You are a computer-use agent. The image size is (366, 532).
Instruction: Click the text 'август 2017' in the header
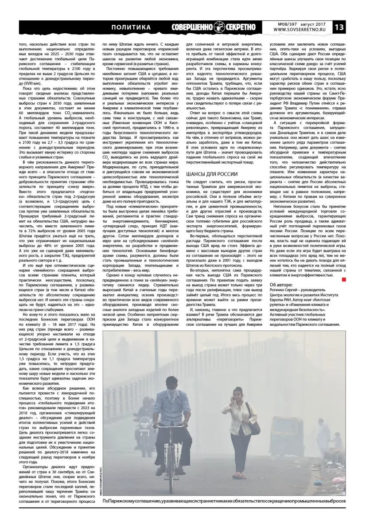click(x=315, y=23)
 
